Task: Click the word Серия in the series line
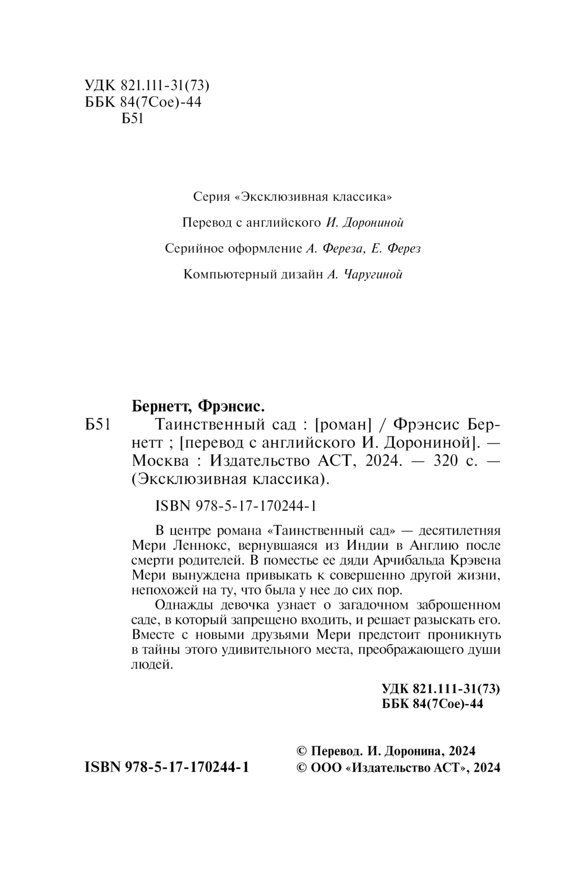click(211, 197)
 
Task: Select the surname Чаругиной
click(370, 274)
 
